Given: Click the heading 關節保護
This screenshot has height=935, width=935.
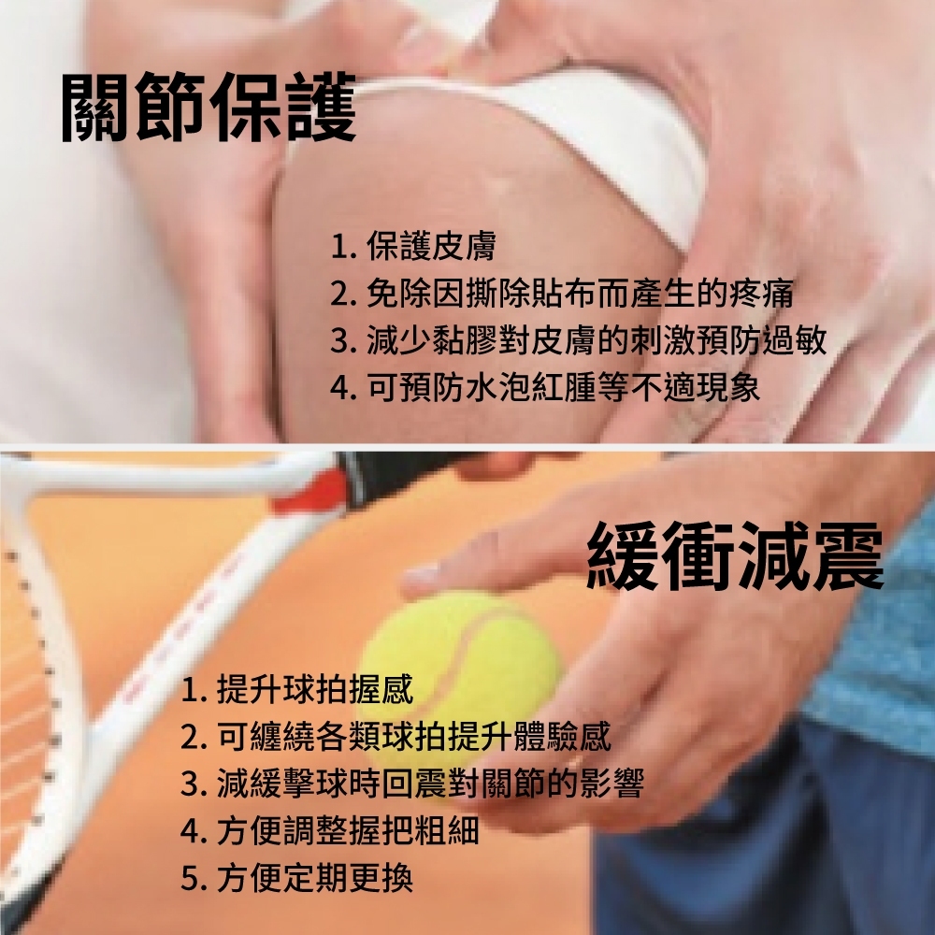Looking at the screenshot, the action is pyautogui.click(x=209, y=108).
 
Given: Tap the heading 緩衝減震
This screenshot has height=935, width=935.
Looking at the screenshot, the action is pyautogui.click(x=735, y=555).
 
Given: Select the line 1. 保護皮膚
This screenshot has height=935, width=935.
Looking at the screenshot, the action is pyautogui.click(x=413, y=246).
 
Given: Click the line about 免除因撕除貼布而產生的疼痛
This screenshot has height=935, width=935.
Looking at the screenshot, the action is pyautogui.click(x=562, y=293).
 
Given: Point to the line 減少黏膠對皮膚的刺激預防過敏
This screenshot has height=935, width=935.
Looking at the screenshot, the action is pyautogui.click(x=579, y=340).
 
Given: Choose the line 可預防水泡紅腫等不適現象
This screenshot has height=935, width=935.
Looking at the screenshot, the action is pyautogui.click(x=545, y=387).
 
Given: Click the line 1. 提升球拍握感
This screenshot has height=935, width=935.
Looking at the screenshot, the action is pyautogui.click(x=297, y=689).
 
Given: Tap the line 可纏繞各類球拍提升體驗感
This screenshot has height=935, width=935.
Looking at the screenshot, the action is pyautogui.click(x=396, y=737).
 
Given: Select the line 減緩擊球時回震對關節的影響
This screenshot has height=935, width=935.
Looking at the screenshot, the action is pyautogui.click(x=412, y=784).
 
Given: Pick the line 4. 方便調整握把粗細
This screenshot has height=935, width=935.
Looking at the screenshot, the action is pyautogui.click(x=330, y=830).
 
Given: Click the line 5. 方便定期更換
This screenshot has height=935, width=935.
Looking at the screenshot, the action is pyautogui.click(x=297, y=878).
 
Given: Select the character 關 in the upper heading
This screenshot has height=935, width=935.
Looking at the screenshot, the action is pyautogui.click(x=96, y=108).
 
